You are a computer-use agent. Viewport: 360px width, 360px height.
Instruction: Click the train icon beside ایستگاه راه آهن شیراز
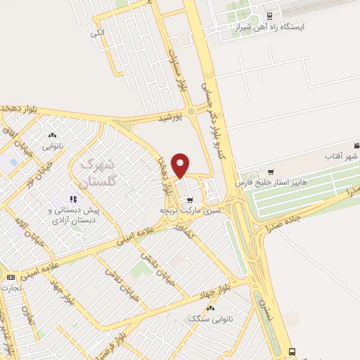point(270,15)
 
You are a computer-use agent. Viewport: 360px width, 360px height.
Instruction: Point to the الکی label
point(97,33)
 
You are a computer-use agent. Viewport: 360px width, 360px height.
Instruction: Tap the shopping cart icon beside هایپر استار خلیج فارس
point(272,172)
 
